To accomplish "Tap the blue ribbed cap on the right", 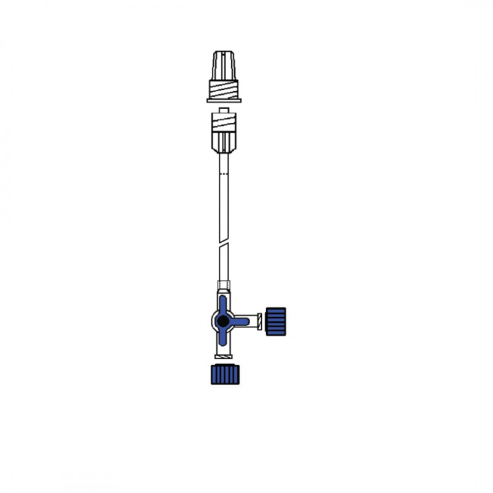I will coord(275,321).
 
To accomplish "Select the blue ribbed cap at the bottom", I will coord(224,374).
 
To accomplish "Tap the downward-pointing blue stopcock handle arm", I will coord(223,338).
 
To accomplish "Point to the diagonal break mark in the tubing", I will coord(224,253).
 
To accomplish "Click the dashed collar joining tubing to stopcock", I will coord(224,287).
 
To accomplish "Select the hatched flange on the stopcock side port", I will coord(259,321).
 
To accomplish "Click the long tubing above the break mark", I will coord(224,203).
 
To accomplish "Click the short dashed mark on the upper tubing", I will coord(224,177).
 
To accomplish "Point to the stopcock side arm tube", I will coord(251,321).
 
